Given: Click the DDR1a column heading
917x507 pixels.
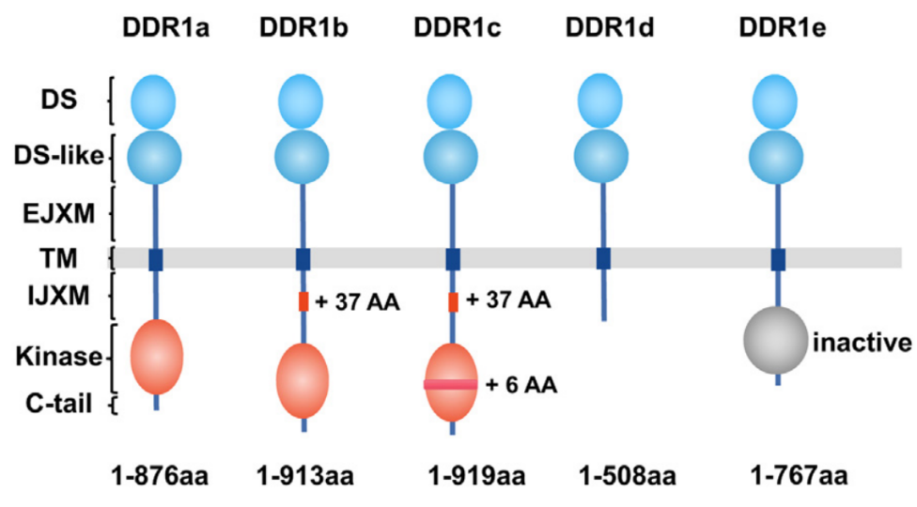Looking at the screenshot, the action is [166, 28].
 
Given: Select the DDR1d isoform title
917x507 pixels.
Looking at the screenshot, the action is [610, 28].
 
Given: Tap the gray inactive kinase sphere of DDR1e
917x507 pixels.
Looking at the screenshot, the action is [776, 340].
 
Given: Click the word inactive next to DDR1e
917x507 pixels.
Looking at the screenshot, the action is [862, 343].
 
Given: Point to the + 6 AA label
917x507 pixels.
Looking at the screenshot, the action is [521, 385].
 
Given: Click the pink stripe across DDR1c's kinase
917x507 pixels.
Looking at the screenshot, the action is [450, 384].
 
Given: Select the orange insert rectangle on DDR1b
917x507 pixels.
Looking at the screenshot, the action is [303, 301].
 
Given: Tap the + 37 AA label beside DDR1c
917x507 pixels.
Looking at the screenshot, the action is [508, 300].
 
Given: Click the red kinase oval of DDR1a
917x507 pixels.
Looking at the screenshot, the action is [157, 356].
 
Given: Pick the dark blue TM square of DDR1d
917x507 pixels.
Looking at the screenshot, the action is [603, 258].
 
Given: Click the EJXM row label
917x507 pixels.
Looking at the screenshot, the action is [58, 214].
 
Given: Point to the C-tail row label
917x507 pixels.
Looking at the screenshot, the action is [58, 404].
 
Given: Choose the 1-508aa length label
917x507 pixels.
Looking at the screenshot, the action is [628, 476].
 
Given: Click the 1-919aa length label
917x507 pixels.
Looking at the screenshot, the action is [476, 476].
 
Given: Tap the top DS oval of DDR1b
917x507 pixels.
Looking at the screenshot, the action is [301, 101].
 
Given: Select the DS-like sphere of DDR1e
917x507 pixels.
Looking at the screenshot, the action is [776, 157].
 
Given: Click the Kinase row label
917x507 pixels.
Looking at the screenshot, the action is [59, 356].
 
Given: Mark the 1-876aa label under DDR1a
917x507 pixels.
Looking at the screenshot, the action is [160, 476].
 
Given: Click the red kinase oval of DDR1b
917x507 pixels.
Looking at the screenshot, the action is [303, 380].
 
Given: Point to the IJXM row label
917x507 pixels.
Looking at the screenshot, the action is [58, 296].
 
